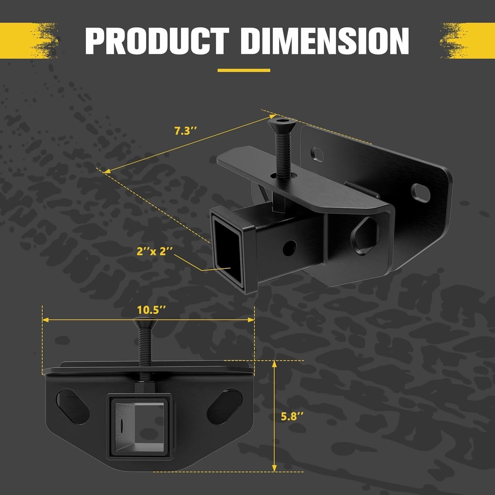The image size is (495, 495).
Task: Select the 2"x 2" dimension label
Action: tap(155, 251)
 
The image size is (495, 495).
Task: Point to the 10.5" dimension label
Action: tap(151, 310)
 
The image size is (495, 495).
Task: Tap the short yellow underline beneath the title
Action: tap(244, 70)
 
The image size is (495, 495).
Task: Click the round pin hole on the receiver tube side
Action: tap(290, 247)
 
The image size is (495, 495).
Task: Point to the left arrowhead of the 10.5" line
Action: tap(46, 320)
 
